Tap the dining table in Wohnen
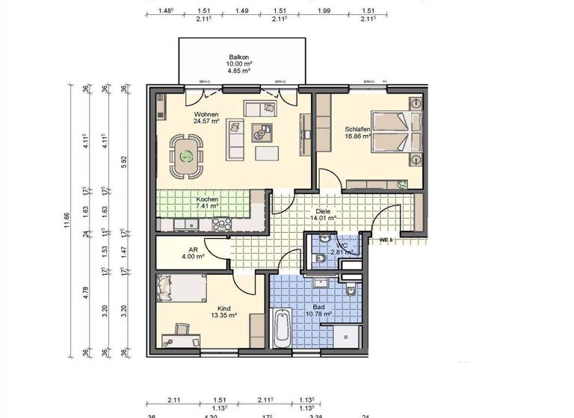[185, 157]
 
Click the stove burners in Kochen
[222, 223]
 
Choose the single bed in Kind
[181, 287]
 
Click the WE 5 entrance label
[386, 240]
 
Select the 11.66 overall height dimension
[69, 218]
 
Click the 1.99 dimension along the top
[324, 11]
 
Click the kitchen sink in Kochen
[182, 223]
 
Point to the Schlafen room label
[358, 133]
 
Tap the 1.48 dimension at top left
[166, 11]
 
